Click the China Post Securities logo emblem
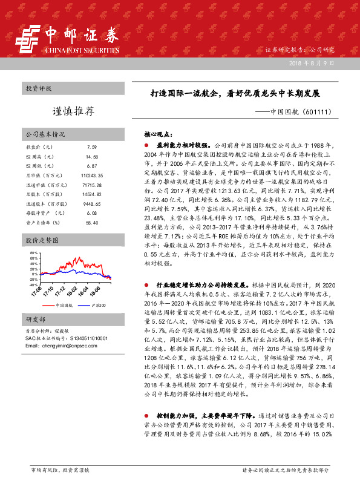(x=27, y=39)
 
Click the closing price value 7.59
(x=92, y=147)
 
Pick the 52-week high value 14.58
(x=92, y=156)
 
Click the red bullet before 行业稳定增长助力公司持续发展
(x=146, y=283)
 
